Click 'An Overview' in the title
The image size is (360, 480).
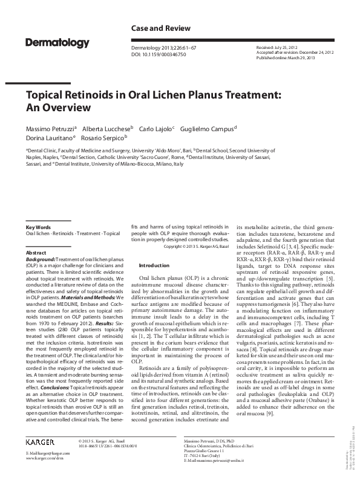tap(58, 108)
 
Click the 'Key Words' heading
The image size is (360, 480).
tap(39, 227)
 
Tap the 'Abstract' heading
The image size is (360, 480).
tap(36, 252)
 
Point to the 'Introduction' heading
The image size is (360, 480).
tap(154, 265)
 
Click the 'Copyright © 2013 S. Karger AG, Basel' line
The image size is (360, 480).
tap(198, 246)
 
